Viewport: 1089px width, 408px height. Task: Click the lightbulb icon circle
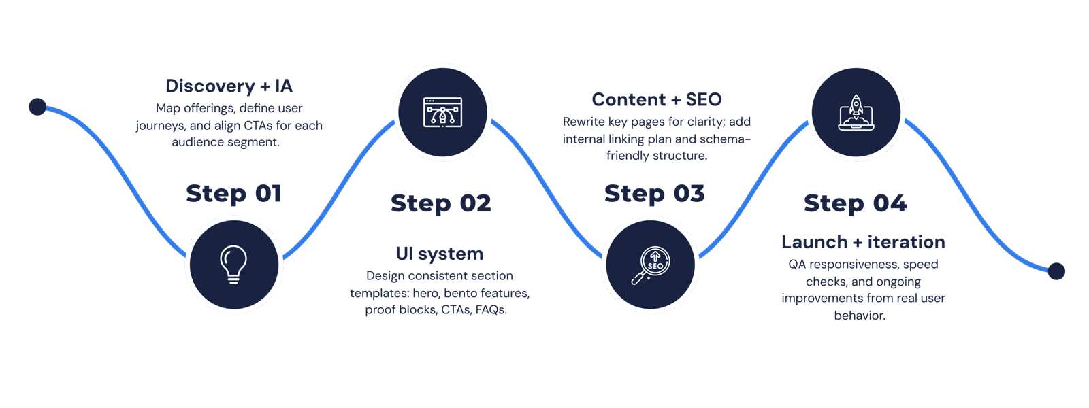(x=233, y=264)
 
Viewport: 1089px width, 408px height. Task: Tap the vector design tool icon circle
(x=442, y=112)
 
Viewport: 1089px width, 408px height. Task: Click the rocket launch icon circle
(x=856, y=112)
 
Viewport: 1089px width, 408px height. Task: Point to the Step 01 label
(x=233, y=194)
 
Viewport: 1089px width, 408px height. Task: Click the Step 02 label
(x=440, y=203)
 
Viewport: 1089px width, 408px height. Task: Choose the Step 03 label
(x=654, y=194)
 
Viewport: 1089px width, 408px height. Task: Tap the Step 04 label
(x=855, y=203)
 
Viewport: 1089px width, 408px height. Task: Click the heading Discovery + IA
(x=229, y=87)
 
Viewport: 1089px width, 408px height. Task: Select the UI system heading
(x=440, y=254)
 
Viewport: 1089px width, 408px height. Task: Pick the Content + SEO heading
(x=656, y=99)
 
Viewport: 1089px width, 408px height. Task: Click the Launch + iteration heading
(x=863, y=242)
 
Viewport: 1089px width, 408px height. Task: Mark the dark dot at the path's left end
(x=37, y=107)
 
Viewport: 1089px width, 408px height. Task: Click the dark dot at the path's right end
(x=1056, y=271)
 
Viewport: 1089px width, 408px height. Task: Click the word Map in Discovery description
(x=166, y=108)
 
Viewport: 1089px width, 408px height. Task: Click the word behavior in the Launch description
(x=859, y=316)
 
